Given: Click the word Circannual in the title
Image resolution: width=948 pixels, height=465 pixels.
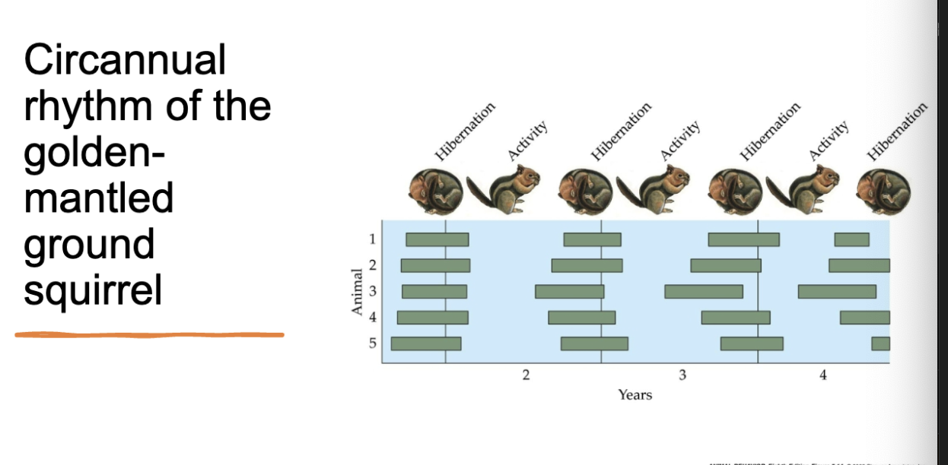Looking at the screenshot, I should [x=125, y=59].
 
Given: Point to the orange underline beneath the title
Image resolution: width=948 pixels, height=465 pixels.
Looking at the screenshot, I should [x=149, y=334].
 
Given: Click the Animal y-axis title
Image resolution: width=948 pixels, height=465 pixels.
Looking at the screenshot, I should [x=355, y=291].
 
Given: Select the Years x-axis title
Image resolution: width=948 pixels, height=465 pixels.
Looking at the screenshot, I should [x=635, y=394].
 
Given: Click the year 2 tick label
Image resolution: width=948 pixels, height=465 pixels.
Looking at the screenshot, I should [x=525, y=375].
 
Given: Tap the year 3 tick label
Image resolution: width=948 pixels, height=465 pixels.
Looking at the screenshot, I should [x=682, y=375].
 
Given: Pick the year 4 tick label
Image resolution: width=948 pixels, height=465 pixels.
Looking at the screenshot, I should [x=822, y=375].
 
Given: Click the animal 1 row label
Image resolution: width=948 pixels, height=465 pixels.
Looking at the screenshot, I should [x=372, y=239].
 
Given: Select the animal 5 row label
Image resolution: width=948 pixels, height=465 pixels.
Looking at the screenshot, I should [x=372, y=343].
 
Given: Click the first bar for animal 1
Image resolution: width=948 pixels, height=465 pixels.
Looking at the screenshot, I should [x=437, y=239].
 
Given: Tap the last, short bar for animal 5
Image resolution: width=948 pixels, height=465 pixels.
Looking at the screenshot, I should [x=880, y=343].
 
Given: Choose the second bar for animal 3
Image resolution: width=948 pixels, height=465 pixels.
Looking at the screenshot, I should [x=569, y=291].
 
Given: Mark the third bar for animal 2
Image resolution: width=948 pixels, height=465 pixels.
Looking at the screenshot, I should [x=725, y=265].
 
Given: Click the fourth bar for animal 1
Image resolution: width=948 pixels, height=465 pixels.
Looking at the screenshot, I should [x=851, y=239].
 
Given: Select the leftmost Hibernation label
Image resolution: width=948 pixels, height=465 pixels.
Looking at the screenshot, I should [x=465, y=130].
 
